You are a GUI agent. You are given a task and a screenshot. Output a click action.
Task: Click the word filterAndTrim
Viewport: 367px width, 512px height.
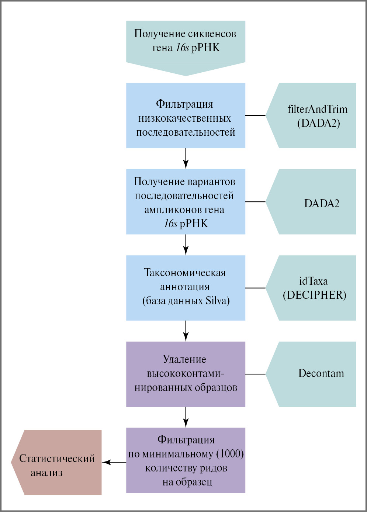pyautogui.click(x=317, y=109)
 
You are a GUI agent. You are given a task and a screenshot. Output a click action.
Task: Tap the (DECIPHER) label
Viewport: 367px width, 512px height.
pyautogui.click(x=315, y=295)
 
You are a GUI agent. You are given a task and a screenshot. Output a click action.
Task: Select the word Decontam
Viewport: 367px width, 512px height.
pyautogui.click(x=321, y=373)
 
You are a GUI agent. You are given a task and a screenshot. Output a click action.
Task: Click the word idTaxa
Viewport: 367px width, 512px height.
pyautogui.click(x=313, y=281)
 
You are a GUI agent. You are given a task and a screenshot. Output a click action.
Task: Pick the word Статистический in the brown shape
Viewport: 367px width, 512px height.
pyautogui.click(x=57, y=459)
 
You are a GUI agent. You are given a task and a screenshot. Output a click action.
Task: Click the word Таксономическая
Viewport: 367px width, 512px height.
pyautogui.click(x=185, y=273)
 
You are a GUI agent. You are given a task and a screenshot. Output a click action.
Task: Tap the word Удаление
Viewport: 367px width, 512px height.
pyautogui.click(x=184, y=359)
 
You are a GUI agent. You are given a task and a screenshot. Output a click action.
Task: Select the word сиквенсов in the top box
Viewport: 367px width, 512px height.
pyautogui.click(x=211, y=34)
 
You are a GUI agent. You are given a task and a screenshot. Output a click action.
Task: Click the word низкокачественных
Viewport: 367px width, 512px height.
pyautogui.click(x=185, y=118)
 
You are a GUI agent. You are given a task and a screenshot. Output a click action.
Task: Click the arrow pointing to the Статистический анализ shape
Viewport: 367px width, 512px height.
pyautogui.click(x=114, y=462)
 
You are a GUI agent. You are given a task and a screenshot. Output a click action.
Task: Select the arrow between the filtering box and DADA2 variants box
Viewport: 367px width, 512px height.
pyautogui.click(x=186, y=159)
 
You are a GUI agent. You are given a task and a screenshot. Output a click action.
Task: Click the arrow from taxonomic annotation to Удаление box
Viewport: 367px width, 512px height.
pyautogui.click(x=186, y=331)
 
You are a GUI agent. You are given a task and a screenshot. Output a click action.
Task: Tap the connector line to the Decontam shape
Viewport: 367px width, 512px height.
pyautogui.click(x=255, y=374)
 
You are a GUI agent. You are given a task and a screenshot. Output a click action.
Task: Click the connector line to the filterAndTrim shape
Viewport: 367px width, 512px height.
pyautogui.click(x=255, y=115)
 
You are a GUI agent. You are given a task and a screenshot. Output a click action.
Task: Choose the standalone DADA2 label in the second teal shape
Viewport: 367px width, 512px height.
pyautogui.click(x=322, y=204)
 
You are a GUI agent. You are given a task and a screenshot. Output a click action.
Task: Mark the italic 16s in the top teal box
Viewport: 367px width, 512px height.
pyautogui.click(x=182, y=48)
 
